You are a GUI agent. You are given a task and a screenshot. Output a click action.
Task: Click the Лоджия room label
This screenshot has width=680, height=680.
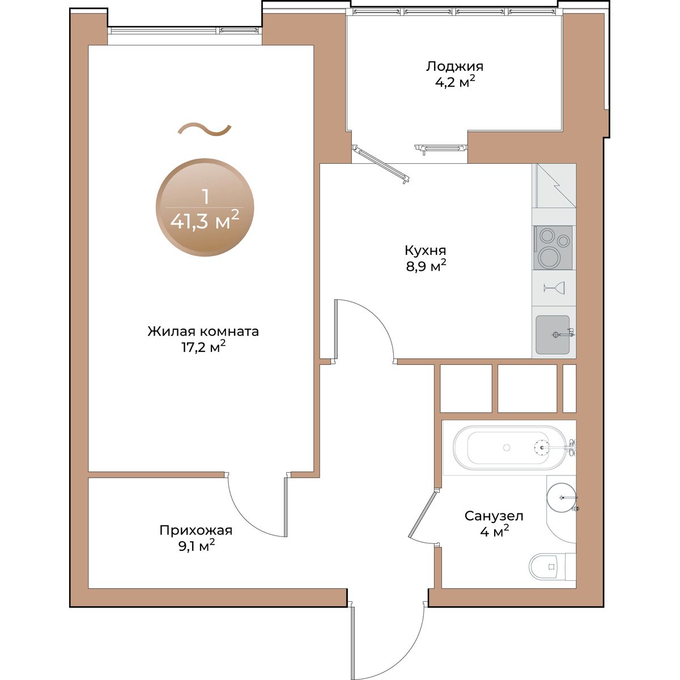point(454,67)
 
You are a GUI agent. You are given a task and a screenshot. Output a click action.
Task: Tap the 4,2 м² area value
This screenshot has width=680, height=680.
point(455,82)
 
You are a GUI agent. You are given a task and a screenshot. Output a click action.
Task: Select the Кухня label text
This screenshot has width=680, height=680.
point(425,250)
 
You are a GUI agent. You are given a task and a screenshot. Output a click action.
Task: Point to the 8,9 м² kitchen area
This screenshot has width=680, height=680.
point(426,266)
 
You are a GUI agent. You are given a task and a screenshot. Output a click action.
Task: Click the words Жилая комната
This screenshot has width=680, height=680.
point(203,331)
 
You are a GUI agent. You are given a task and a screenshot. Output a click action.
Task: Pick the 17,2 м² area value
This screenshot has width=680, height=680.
point(203,347)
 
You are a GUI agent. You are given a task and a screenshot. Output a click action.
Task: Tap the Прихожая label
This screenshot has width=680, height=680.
point(196,530)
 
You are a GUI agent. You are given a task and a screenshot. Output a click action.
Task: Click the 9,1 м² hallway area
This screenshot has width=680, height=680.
point(197,547)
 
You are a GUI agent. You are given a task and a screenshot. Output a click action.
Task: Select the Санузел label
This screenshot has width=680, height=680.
point(494,516)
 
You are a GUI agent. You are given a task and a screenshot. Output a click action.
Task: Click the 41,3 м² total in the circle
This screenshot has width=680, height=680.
point(205,221)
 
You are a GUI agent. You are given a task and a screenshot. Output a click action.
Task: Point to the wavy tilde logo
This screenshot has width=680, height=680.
point(205,130)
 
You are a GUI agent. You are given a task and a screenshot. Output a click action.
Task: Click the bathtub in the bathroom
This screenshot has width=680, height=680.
point(509,448)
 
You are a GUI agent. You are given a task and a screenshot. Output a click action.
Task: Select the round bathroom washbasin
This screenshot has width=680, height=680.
point(561,497)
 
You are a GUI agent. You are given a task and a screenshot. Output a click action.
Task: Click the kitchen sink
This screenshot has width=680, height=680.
point(552,334)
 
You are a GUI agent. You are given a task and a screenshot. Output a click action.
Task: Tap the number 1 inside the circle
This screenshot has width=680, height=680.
point(205,197)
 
